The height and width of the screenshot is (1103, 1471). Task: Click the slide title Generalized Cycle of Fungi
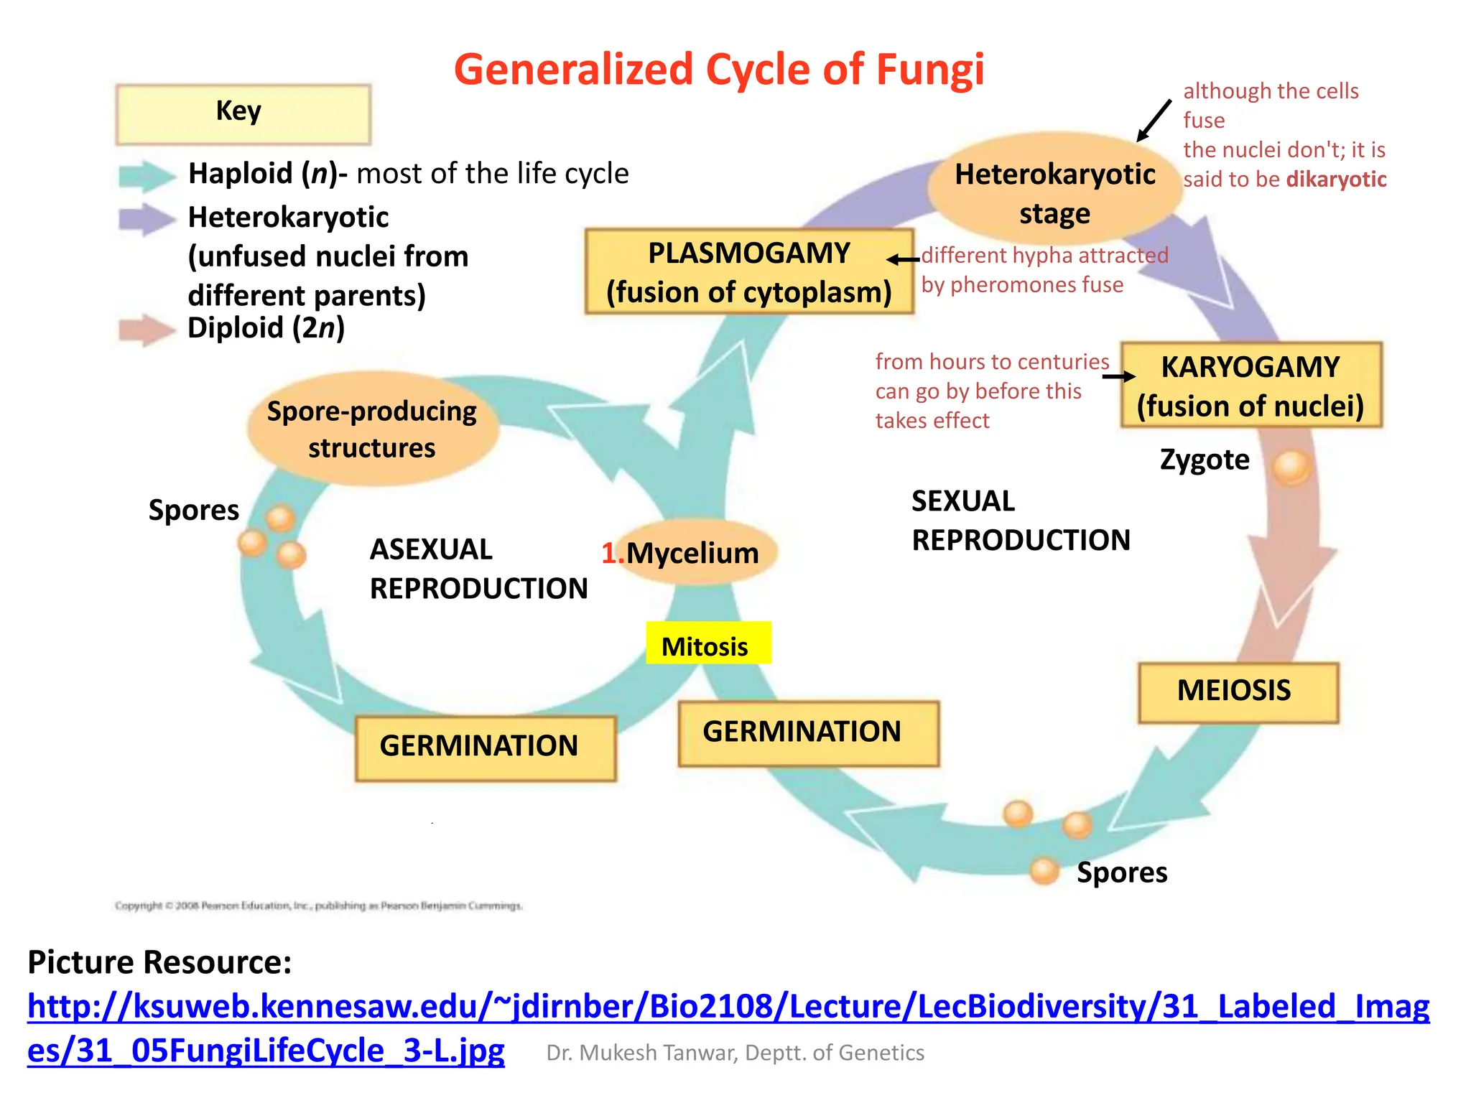point(718,70)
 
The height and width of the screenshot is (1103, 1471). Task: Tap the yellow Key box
point(243,113)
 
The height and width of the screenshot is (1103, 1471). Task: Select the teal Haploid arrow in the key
point(146,175)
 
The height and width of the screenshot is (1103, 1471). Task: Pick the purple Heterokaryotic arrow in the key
point(146,219)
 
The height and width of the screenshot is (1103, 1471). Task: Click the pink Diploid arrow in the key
point(146,330)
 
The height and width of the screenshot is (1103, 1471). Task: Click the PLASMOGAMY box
point(748,271)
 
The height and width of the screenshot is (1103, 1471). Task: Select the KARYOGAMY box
point(1250,386)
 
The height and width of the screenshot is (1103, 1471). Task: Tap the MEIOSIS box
point(1238,692)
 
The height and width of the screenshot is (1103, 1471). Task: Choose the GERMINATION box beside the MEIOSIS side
point(808,732)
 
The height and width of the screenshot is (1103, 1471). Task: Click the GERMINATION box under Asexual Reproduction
point(485,747)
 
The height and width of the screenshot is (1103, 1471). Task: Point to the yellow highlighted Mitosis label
point(707,644)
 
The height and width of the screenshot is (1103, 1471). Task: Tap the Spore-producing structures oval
point(372,429)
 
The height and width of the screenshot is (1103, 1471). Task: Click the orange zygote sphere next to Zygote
point(1291,467)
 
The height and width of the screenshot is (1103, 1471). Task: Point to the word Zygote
point(1205,460)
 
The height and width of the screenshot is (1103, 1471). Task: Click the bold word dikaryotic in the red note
point(1336,180)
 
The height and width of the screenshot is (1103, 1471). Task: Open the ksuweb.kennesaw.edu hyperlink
point(728,1007)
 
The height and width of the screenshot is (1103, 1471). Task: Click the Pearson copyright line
point(318,906)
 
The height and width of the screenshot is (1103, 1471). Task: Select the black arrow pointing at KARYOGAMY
point(1118,376)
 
